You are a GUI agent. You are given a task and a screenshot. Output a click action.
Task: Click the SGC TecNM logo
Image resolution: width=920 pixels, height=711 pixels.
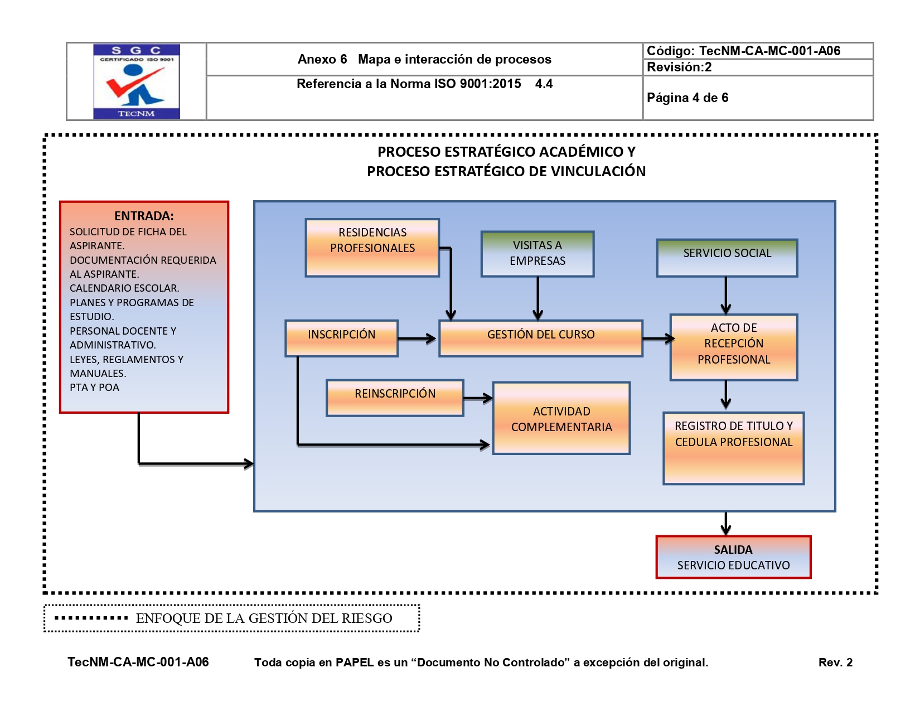(x=137, y=81)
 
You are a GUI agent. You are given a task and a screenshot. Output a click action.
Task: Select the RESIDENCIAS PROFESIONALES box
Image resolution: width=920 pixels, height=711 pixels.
(x=372, y=248)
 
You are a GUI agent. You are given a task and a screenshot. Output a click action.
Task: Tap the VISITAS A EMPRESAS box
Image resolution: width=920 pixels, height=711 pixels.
(x=538, y=254)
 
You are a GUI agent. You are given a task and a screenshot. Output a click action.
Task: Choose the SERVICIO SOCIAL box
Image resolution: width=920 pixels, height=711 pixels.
(x=727, y=258)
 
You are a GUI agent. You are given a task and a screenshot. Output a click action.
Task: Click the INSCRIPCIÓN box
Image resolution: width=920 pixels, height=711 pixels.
(x=341, y=338)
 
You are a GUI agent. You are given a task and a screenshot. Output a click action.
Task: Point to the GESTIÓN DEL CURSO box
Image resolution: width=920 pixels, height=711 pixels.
(x=541, y=338)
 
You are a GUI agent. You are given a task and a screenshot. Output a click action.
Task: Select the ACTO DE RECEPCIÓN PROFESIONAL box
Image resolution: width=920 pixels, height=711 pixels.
(x=734, y=347)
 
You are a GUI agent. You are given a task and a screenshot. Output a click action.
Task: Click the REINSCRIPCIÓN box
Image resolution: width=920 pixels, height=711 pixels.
(x=395, y=398)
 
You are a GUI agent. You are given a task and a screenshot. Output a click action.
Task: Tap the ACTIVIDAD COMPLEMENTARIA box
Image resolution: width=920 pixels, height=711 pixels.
(x=561, y=418)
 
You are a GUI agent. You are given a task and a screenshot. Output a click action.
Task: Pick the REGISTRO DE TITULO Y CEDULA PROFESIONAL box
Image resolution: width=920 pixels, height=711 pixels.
(x=733, y=448)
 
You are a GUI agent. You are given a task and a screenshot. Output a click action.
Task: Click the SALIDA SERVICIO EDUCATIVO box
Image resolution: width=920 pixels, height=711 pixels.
(x=733, y=557)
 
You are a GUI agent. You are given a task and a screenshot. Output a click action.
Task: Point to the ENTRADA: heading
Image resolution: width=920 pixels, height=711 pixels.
(x=144, y=216)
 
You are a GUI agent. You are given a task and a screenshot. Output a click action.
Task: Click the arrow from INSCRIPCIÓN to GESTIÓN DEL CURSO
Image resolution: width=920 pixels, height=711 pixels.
(x=417, y=338)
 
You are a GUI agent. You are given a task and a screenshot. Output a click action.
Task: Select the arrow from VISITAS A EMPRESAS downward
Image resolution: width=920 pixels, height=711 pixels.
(x=538, y=298)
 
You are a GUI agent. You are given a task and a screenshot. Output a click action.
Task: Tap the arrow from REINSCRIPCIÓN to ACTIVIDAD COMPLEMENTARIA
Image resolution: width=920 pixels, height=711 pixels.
(x=478, y=398)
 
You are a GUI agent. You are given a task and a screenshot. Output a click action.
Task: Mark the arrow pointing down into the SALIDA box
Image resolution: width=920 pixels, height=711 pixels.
(x=725, y=524)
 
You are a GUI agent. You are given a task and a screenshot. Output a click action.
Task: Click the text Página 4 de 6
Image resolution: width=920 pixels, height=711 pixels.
(x=687, y=98)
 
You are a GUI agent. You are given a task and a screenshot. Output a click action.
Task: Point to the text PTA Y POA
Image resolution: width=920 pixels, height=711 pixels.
(x=94, y=388)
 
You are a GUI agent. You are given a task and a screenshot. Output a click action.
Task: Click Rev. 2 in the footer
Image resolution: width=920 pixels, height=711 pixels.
(x=835, y=662)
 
